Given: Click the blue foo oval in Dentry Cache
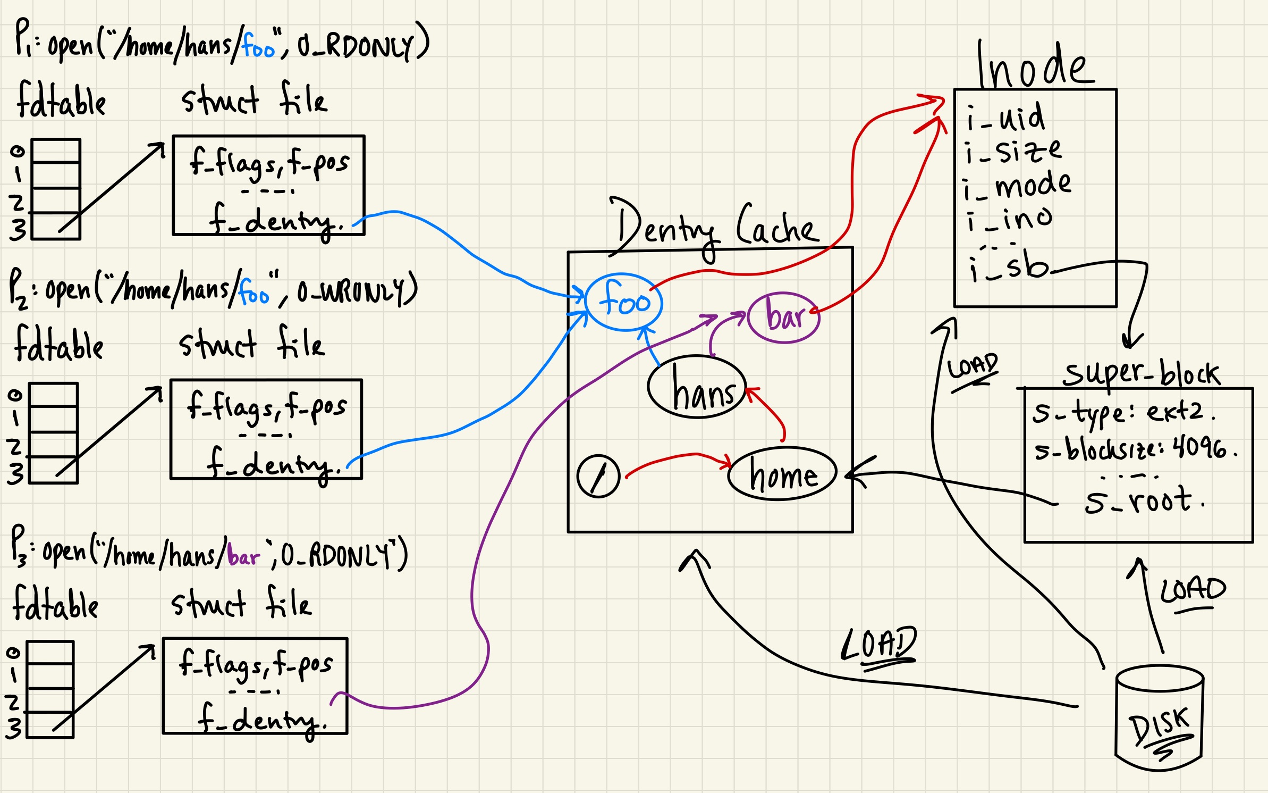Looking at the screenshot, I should pos(624,303).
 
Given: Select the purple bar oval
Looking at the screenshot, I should pos(784,318).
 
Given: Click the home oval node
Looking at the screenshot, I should pos(782,473).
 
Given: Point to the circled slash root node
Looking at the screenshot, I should pos(598,476).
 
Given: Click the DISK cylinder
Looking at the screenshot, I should pos(1160,718).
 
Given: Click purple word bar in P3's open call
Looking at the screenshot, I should pos(243,556).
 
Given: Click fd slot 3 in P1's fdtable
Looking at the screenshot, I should pos(56,227).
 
